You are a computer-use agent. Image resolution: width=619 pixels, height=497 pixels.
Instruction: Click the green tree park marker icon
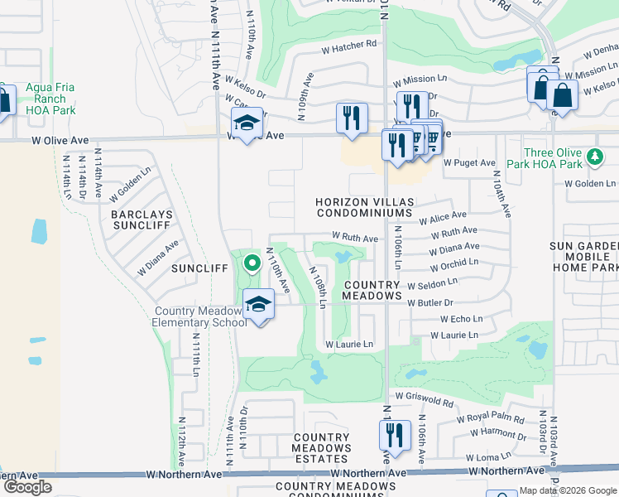(x=593, y=157)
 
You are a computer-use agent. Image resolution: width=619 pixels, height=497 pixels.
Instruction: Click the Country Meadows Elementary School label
(x=199, y=316)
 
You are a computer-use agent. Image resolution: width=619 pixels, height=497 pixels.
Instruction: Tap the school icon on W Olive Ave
(x=246, y=124)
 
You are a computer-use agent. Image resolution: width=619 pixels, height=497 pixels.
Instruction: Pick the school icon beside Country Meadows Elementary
(x=259, y=304)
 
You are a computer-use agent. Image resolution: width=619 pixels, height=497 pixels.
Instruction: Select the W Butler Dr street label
(x=431, y=303)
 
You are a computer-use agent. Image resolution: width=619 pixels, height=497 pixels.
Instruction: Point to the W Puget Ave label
(x=469, y=163)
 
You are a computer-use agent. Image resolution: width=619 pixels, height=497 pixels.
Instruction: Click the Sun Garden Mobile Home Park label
(x=584, y=257)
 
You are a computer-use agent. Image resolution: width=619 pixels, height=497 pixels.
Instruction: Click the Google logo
(x=27, y=487)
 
